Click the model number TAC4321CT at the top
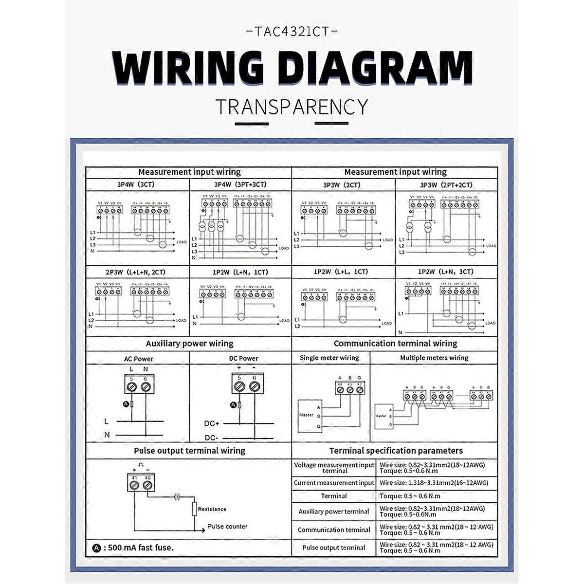coord(292,32)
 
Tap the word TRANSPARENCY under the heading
coord(292,107)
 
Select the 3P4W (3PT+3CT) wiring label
coord(240,184)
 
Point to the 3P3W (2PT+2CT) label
coord(446,185)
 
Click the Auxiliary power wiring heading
coord(189,344)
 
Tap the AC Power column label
coord(138,359)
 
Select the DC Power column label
coord(243,358)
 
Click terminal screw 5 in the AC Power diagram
coord(131,387)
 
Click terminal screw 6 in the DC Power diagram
coord(254,386)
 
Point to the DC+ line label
coord(212,423)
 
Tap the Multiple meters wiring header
coord(434,358)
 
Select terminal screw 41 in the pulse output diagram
coord(134,486)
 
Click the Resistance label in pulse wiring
coord(212,509)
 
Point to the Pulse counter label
coord(227,527)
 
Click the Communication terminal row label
coord(334,529)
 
